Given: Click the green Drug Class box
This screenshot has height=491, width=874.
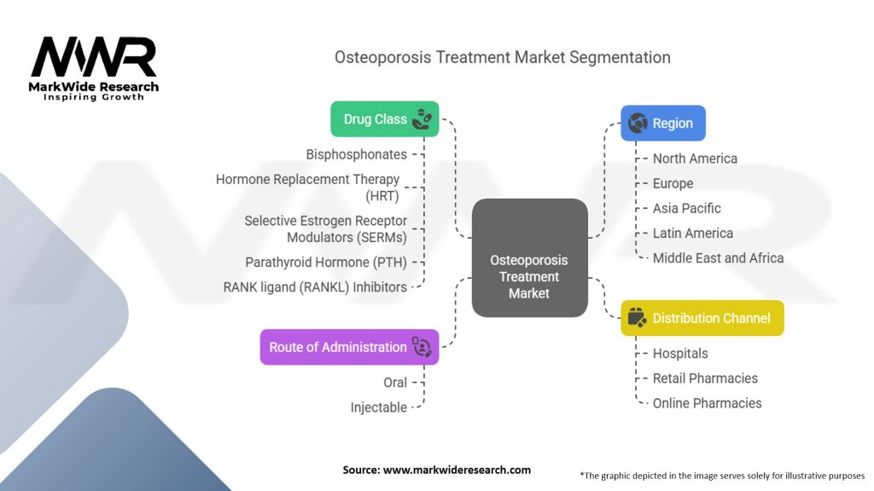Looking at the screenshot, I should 384,119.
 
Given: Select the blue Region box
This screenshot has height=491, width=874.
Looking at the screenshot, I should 663,123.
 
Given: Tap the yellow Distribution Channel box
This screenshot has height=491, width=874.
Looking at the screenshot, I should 702,318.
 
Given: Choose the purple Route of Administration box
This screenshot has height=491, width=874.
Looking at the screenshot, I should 349,347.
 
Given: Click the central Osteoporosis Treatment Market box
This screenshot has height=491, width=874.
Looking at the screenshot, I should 529,277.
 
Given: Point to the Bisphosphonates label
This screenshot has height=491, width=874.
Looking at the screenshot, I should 357,154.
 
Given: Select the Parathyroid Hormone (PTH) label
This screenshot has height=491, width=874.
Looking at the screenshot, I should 326,263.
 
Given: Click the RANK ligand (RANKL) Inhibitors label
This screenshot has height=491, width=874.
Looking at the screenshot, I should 315,287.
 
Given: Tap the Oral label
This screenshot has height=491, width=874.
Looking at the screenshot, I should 395,383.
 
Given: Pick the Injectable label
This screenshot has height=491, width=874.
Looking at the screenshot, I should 379,407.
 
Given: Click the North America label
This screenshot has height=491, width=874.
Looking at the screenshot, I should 695,159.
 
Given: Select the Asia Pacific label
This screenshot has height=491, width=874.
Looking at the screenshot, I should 686,208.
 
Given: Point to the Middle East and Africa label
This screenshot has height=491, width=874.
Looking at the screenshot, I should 718,257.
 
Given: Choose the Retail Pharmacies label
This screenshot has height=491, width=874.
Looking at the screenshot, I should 705,378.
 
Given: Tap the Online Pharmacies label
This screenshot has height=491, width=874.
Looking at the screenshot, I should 707,403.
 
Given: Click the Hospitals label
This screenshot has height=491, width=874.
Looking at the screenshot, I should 680,354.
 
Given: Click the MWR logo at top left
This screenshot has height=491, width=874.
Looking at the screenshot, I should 94,61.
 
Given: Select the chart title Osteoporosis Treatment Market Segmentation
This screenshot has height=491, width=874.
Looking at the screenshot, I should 502,58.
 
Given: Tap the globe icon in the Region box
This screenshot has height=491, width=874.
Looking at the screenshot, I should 637,124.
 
